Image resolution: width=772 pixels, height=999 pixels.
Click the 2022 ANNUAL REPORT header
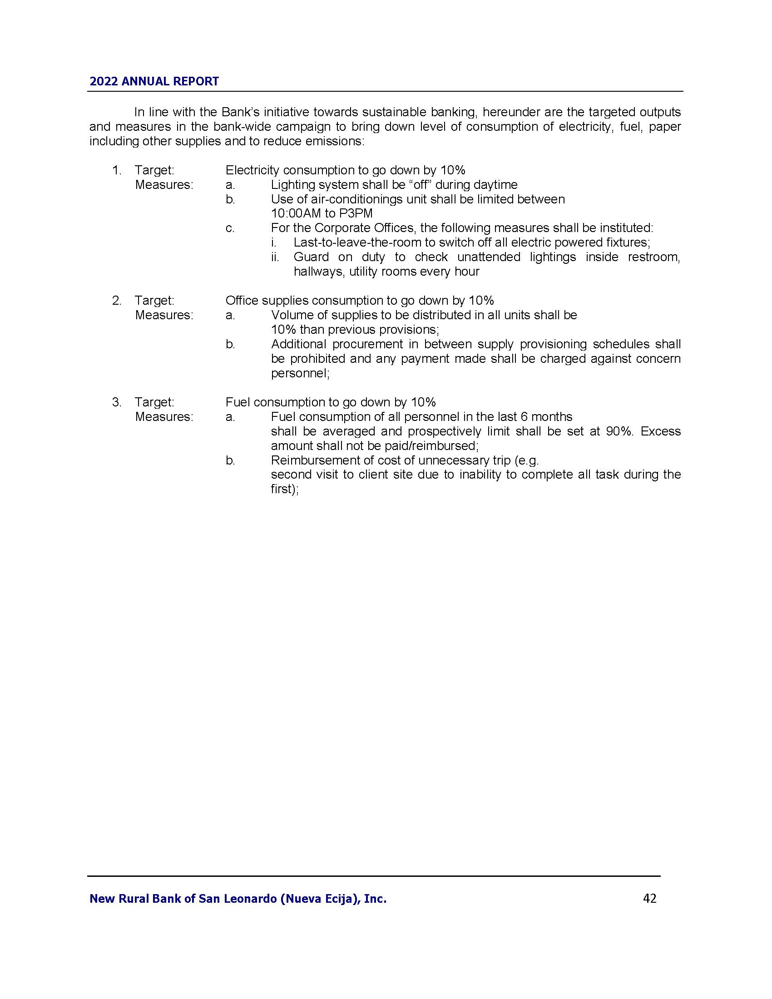click(x=154, y=81)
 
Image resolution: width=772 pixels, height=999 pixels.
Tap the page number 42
click(x=649, y=898)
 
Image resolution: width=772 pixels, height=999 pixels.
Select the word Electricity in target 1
click(x=252, y=171)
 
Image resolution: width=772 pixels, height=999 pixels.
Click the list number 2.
click(x=116, y=301)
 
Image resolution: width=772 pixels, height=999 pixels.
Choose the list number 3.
click(x=116, y=402)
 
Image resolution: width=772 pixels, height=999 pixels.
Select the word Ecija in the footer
click(x=344, y=899)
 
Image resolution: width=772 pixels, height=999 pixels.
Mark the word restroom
click(x=653, y=257)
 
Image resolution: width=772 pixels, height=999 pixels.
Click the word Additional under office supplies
click(x=298, y=345)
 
